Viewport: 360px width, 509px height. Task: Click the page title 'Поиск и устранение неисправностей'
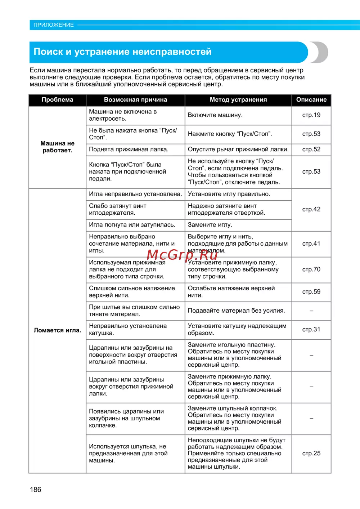tap(122, 52)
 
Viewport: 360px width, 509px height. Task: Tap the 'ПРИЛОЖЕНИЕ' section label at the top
tap(54, 25)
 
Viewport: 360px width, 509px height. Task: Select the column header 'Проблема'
tap(57, 100)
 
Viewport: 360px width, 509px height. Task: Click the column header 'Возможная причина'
tap(135, 100)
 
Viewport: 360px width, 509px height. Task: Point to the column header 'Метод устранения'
tap(238, 100)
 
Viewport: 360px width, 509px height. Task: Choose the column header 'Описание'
tap(311, 100)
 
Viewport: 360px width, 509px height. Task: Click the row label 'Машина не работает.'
tap(57, 147)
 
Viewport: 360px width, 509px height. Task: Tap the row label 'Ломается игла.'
tap(57, 330)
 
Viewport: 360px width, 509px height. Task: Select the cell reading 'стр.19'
tap(311, 115)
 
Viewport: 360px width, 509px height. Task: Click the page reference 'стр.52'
tap(311, 149)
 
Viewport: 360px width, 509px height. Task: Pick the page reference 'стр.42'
tap(311, 209)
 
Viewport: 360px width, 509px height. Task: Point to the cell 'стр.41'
tap(311, 244)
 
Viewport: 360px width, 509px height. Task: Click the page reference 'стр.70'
tap(311, 269)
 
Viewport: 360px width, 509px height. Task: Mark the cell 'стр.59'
tap(311, 292)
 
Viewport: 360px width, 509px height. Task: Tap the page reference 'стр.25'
tap(311, 454)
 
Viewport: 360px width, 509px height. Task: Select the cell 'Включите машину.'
tap(215, 115)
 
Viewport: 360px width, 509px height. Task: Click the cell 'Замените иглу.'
tap(210, 225)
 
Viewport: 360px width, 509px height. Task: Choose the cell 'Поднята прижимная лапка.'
tap(129, 149)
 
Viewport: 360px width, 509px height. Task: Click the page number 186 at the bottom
tap(36, 490)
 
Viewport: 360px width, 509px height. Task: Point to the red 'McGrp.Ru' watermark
tap(182, 255)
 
